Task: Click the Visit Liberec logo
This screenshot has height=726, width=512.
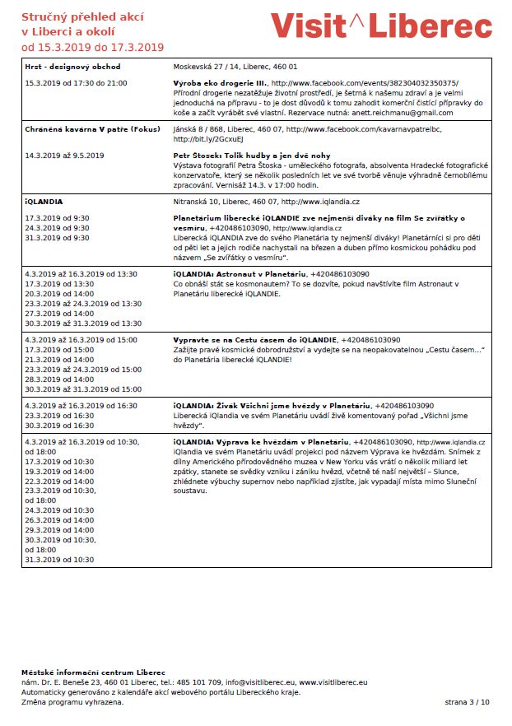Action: coord(382,26)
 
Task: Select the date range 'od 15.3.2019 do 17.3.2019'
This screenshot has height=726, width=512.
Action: coord(92,48)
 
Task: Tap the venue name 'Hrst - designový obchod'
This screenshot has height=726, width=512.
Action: coord(72,66)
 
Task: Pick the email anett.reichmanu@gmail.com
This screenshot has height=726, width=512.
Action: coord(409,112)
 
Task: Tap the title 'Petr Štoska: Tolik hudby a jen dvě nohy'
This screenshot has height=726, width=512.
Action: coord(252,156)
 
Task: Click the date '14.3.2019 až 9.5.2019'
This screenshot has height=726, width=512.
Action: coord(65,156)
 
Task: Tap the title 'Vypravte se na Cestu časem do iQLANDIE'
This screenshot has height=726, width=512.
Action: coord(255,340)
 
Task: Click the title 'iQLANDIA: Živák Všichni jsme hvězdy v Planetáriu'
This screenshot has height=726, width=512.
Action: coord(272,406)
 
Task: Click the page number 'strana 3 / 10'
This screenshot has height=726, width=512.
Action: coord(467,702)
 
